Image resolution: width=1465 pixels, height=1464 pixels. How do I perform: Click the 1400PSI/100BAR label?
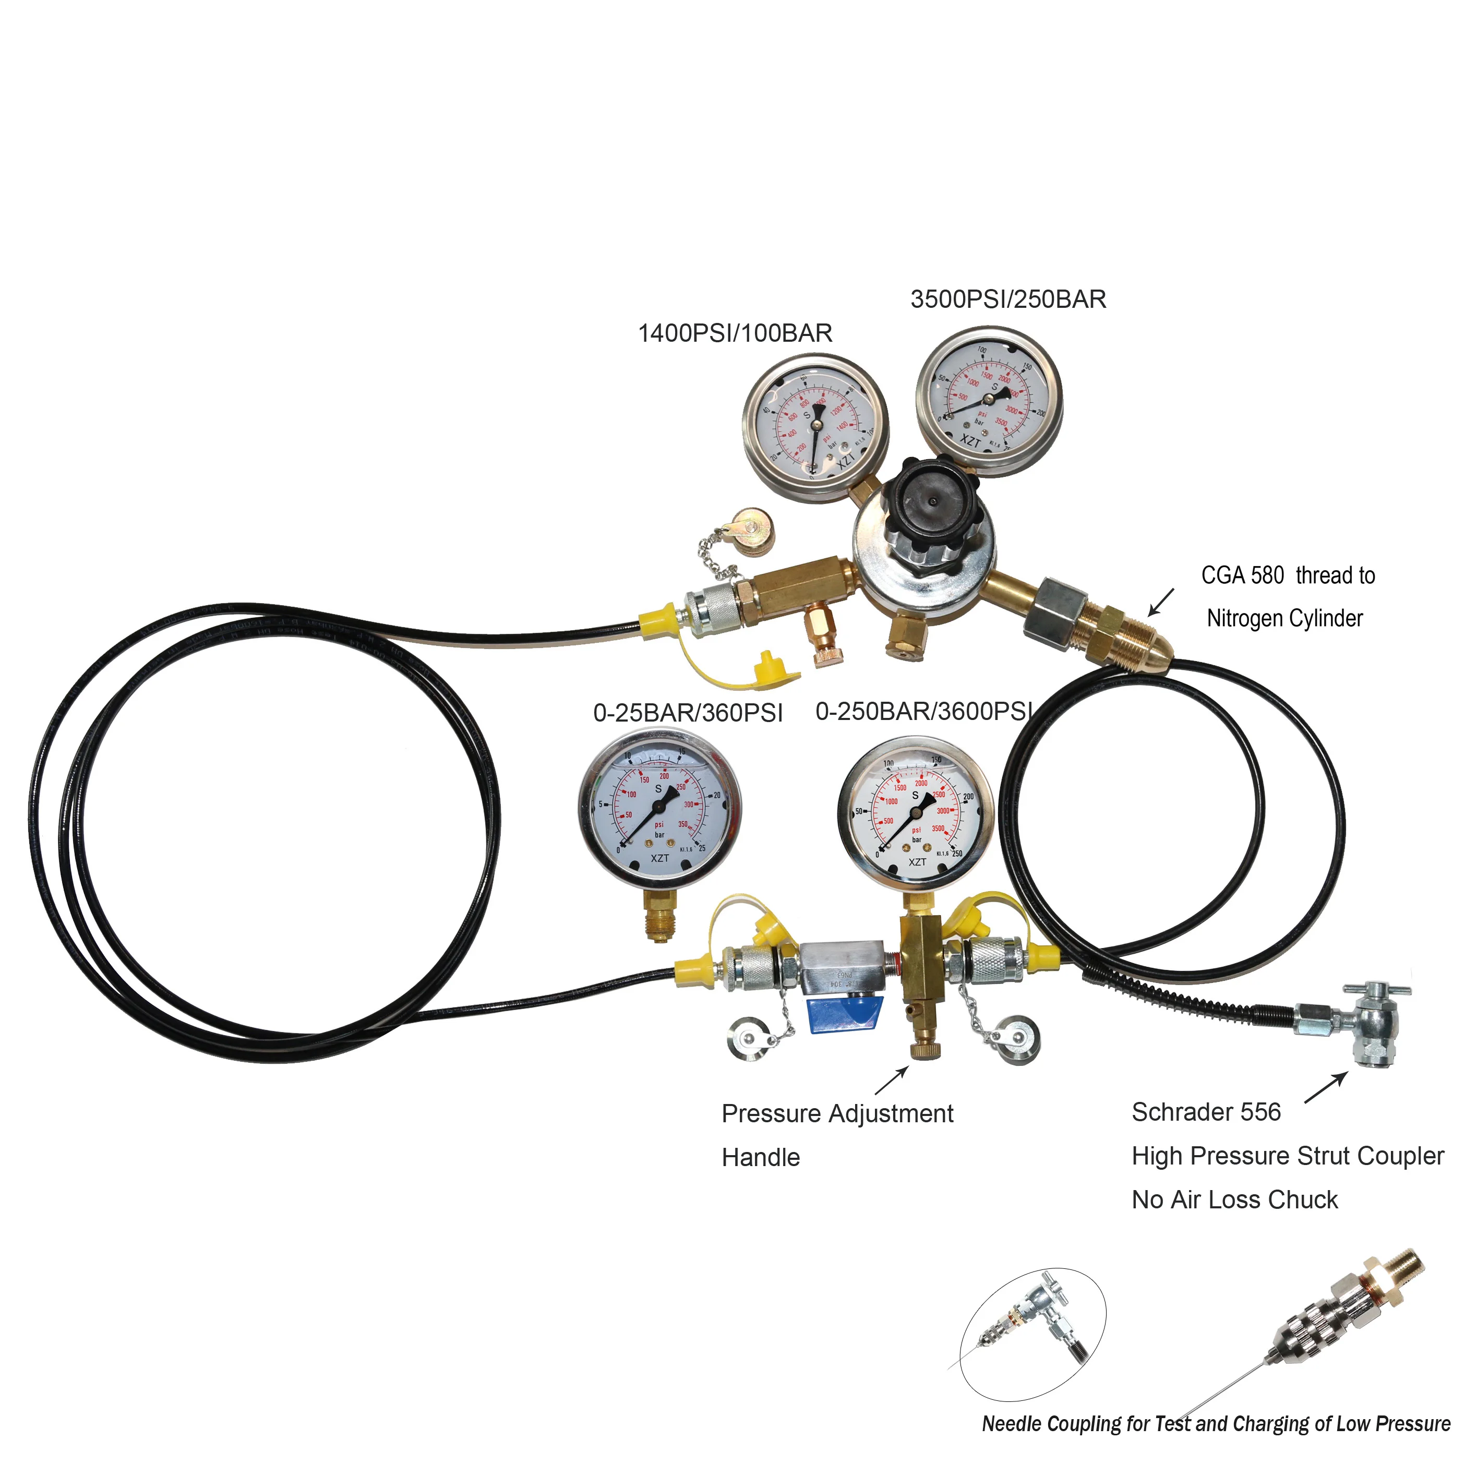tap(735, 333)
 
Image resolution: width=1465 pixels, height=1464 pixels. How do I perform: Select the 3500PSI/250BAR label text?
tap(1008, 299)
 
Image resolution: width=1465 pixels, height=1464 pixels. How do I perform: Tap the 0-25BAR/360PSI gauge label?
tap(687, 713)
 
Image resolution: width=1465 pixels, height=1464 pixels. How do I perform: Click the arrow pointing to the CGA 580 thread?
tap(1161, 603)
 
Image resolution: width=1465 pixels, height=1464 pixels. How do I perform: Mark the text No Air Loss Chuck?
tap(1234, 1200)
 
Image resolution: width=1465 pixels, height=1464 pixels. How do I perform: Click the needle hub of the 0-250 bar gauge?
tap(915, 812)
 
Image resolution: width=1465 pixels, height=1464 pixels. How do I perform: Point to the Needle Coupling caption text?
tap(1216, 1424)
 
